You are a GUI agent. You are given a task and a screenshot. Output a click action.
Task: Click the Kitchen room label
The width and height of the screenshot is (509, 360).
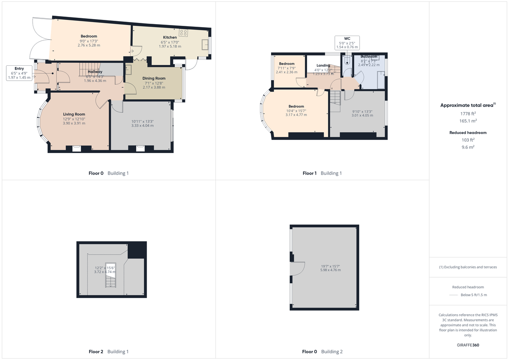click(x=170, y=37)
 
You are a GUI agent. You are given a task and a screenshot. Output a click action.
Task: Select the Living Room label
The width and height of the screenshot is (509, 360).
click(x=74, y=114)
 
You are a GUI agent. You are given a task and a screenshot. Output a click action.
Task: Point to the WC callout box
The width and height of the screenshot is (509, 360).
click(x=347, y=42)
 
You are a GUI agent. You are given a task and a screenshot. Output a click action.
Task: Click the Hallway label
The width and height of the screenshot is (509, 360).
click(x=95, y=72)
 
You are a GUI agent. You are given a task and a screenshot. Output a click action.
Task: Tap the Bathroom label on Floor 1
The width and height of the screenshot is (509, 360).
click(x=369, y=56)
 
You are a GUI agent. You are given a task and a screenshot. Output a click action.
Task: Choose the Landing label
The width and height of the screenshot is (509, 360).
click(x=323, y=65)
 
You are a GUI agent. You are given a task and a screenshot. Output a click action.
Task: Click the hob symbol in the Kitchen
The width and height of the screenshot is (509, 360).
click(x=184, y=33)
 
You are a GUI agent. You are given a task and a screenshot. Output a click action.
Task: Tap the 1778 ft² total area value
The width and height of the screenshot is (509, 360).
click(x=469, y=113)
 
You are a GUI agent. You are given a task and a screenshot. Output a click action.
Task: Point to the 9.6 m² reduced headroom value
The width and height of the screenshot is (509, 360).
click(x=469, y=147)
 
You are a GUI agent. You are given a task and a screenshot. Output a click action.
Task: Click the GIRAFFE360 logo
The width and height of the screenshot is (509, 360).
click(x=469, y=345)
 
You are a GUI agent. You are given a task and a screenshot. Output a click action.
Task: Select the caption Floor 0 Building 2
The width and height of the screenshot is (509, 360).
click(x=322, y=352)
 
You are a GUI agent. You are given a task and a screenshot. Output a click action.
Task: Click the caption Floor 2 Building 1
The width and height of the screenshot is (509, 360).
click(x=108, y=352)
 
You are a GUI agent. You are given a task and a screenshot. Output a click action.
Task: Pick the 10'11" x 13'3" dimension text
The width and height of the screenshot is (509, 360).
click(x=142, y=121)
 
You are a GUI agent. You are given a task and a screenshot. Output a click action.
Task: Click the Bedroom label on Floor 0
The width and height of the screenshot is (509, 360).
click(x=89, y=36)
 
